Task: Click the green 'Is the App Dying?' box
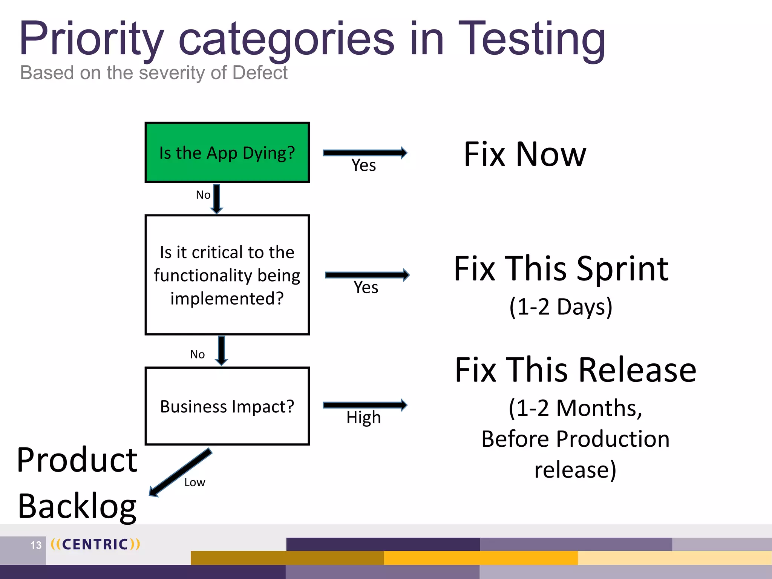click(227, 152)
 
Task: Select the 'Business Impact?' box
click(227, 406)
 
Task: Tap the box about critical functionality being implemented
click(227, 275)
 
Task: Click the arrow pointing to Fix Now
click(365, 153)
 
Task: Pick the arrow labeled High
click(365, 405)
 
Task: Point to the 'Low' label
click(195, 482)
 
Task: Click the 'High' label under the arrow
click(363, 418)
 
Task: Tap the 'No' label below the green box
click(203, 195)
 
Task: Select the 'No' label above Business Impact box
click(197, 354)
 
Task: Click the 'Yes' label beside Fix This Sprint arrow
click(366, 288)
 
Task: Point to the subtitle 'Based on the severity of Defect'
click(154, 72)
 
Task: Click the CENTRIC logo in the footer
click(95, 544)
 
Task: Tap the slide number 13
click(36, 545)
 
